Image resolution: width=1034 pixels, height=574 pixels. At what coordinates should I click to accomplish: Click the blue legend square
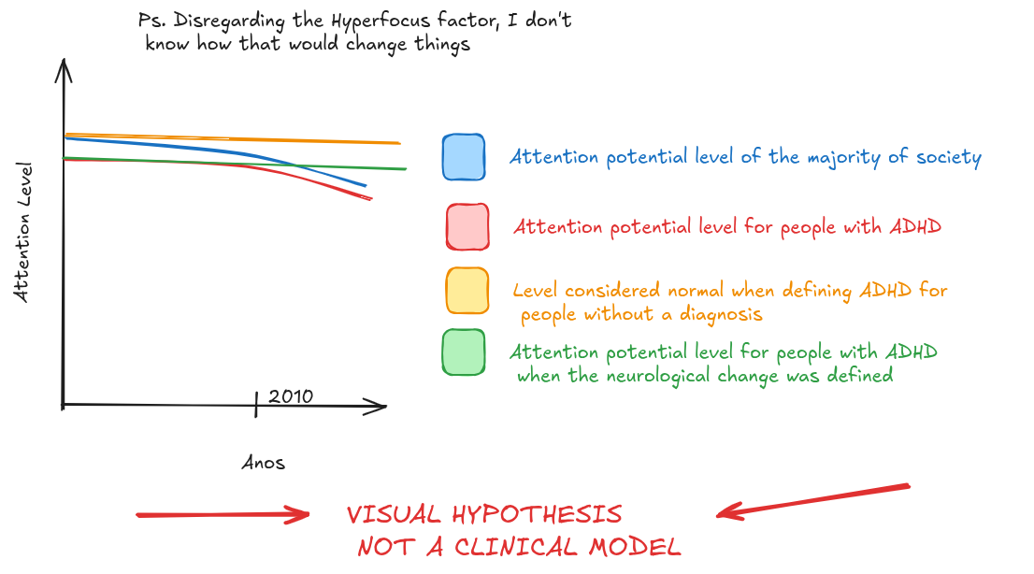(x=464, y=157)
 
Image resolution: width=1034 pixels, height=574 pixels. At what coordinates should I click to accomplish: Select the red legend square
(x=467, y=227)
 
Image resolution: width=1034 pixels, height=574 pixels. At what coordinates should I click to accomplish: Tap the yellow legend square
(x=467, y=291)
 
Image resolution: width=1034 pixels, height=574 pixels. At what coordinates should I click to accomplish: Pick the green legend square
(x=464, y=352)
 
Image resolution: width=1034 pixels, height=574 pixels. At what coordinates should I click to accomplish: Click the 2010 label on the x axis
(x=290, y=396)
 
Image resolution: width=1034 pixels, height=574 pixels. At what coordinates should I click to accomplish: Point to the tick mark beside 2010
(x=256, y=404)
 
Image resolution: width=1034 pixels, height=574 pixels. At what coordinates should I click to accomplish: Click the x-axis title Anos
(x=263, y=463)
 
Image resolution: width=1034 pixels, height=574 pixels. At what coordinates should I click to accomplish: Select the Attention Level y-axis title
(x=22, y=232)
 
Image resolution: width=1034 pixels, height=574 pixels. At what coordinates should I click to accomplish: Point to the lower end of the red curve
(x=371, y=198)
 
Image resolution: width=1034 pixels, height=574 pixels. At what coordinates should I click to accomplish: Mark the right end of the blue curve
(x=365, y=185)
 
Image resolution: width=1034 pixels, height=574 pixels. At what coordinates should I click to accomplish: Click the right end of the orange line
(x=399, y=142)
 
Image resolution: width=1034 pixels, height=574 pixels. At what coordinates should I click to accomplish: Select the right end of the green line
(x=406, y=169)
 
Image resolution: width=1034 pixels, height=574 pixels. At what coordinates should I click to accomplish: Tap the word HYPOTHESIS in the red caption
(x=537, y=514)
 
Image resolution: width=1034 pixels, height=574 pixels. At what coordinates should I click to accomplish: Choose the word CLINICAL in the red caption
(x=516, y=547)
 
